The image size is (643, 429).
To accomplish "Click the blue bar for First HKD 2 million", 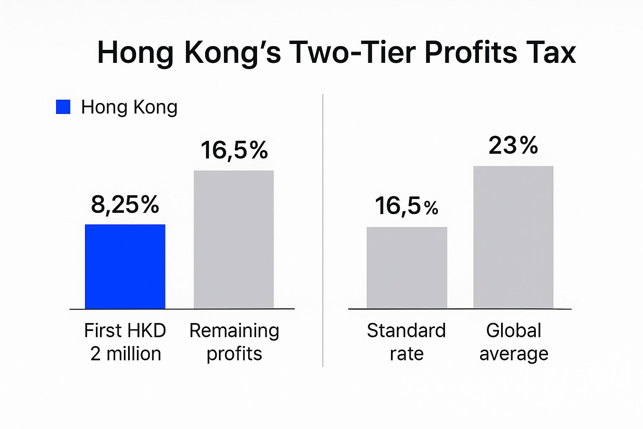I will click(x=125, y=266).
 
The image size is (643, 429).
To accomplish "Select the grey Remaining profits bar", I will click(x=234, y=239).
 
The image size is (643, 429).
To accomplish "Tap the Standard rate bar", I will click(x=407, y=268).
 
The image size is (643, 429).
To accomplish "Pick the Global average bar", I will click(x=513, y=237).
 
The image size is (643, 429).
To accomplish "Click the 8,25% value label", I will click(x=125, y=205).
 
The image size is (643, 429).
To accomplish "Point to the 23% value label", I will click(x=513, y=146).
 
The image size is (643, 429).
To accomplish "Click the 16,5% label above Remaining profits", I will click(x=234, y=150).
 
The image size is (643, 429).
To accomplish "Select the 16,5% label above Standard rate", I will click(x=406, y=206).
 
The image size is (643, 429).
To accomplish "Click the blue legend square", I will click(x=63, y=107).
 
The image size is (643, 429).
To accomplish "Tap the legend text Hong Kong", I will click(x=129, y=107).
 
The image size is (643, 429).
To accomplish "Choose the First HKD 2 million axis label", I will click(x=125, y=342).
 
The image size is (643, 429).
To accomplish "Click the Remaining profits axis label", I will click(x=234, y=342).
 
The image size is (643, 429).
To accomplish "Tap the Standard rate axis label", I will click(x=406, y=342).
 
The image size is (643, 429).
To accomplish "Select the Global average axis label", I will click(x=514, y=342).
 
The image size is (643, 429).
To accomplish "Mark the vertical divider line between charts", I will click(x=323, y=230).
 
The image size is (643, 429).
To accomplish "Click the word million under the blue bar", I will click(x=134, y=354).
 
